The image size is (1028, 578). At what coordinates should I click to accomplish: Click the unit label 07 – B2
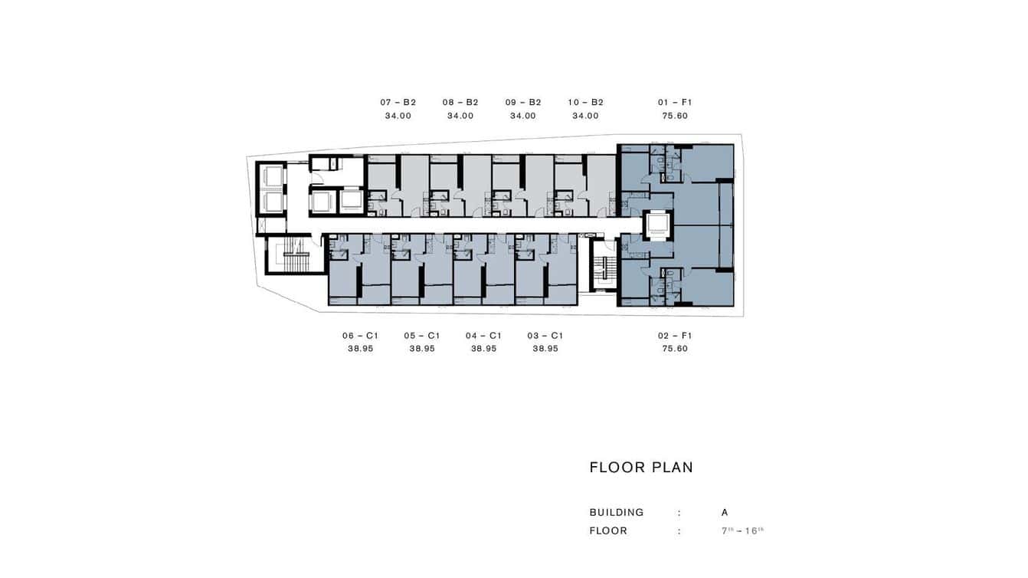click(398, 102)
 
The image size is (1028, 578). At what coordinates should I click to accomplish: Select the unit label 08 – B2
click(460, 102)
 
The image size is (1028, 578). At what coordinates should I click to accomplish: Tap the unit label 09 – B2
click(523, 102)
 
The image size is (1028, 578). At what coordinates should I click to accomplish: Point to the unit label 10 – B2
click(586, 102)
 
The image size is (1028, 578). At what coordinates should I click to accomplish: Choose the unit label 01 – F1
click(675, 102)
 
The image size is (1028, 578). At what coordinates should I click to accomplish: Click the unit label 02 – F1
click(675, 336)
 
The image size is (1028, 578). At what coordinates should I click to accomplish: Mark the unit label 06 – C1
click(360, 336)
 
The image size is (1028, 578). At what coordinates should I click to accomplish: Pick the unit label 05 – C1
click(422, 336)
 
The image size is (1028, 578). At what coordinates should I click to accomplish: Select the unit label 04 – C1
click(483, 336)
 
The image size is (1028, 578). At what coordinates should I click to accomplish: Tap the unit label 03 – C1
click(545, 336)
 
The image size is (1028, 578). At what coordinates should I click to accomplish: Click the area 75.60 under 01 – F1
click(675, 116)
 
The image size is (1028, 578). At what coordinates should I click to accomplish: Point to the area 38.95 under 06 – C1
click(360, 349)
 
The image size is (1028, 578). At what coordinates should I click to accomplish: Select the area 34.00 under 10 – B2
click(586, 116)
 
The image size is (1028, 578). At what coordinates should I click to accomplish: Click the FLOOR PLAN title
click(641, 468)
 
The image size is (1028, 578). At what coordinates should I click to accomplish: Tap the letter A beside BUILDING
click(725, 512)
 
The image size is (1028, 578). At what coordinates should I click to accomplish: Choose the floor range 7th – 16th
click(742, 530)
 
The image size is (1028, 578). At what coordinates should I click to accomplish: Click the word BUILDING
click(617, 512)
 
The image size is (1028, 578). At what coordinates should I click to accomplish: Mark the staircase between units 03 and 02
click(605, 269)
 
